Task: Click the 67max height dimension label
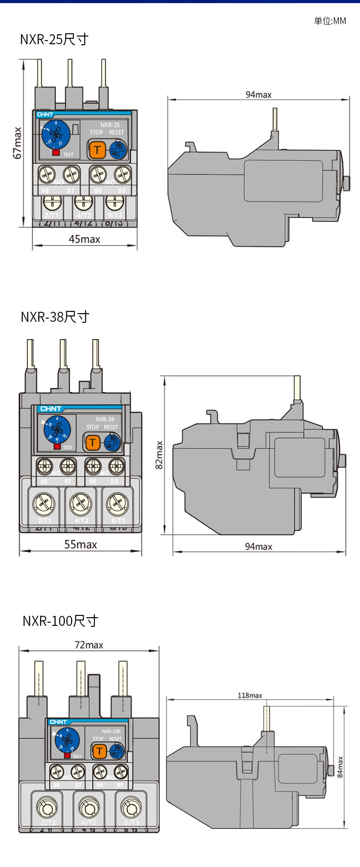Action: [x=17, y=143]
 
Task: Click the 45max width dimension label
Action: [x=84, y=239]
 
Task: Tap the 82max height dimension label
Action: [x=159, y=454]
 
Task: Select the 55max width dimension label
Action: [x=81, y=544]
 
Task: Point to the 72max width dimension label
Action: [x=89, y=645]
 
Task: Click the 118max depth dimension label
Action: [x=250, y=695]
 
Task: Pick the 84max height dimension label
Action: [x=340, y=767]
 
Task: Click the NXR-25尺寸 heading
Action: [x=54, y=40]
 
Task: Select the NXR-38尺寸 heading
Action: [x=55, y=316]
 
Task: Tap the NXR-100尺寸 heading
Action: [x=61, y=620]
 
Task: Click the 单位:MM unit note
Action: [x=330, y=21]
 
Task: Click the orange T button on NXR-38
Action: [x=93, y=442]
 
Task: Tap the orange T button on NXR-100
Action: [x=99, y=751]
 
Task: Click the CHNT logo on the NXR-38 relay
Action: [x=51, y=408]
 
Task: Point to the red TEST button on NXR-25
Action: [x=56, y=152]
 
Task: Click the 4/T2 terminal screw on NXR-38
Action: [x=81, y=504]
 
